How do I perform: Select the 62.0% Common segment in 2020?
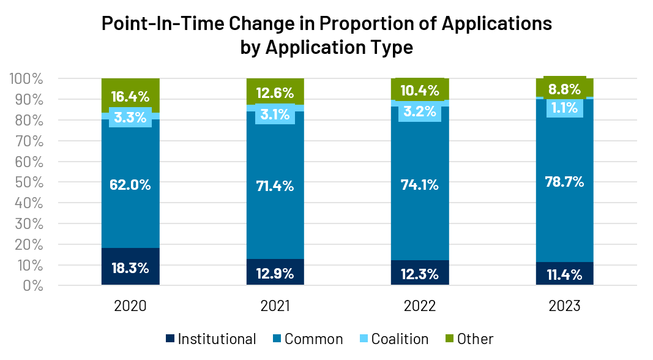[130, 184]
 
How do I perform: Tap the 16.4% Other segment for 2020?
[130, 96]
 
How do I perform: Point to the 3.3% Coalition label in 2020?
[130, 117]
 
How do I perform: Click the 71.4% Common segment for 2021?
[275, 186]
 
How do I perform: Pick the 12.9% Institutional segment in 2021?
[275, 273]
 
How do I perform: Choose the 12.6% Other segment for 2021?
[275, 93]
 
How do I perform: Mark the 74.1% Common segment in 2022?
[420, 184]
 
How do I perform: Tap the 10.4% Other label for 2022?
[420, 91]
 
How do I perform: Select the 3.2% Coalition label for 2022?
[420, 111]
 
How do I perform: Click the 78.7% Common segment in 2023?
[564, 182]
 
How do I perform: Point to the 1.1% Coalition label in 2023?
[564, 108]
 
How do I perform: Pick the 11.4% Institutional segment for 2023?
[564, 274]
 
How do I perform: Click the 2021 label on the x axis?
[275, 306]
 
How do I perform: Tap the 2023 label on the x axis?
[564, 306]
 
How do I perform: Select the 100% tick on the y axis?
[26, 79]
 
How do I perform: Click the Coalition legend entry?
[394, 339]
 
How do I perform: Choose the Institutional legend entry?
[211, 339]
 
